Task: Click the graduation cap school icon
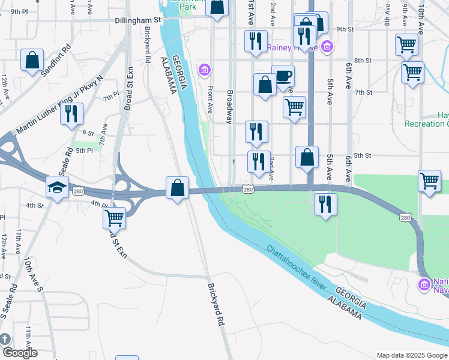click(58, 188)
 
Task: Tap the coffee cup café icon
click(283, 76)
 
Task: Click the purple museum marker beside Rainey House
click(327, 46)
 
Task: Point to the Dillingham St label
click(139, 20)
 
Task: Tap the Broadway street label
click(229, 107)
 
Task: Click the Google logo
click(19, 353)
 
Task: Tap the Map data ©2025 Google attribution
click(411, 355)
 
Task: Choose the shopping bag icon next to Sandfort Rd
click(32, 60)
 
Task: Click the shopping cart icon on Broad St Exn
click(114, 217)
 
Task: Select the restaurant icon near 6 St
click(72, 113)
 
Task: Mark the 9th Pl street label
click(19, 11)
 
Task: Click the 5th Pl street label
click(83, 151)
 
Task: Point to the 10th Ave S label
click(34, 275)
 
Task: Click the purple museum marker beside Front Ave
click(205, 71)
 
